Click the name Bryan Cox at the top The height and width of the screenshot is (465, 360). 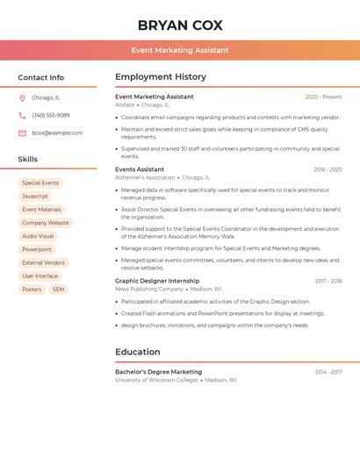point(180,25)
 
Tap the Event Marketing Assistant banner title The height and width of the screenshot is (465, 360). point(180,50)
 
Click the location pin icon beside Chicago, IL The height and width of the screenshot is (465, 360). point(22,97)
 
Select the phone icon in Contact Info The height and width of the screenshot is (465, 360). point(22,115)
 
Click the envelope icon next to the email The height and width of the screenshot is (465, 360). point(22,132)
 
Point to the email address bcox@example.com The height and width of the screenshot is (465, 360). point(57,132)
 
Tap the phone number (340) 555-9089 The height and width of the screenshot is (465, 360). point(51,115)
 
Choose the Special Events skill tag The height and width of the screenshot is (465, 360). point(40,182)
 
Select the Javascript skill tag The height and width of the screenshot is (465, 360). point(35,196)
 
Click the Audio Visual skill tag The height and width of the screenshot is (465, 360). point(38,236)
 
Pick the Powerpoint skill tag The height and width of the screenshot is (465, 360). point(37,249)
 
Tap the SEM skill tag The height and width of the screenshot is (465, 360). point(58,289)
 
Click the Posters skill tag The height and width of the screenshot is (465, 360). point(32,289)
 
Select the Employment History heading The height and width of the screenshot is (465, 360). point(161,76)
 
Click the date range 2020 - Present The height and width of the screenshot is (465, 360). point(323,97)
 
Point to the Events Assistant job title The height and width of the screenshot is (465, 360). point(140,169)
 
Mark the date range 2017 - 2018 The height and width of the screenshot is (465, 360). point(328,281)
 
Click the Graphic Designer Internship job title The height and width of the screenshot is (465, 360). point(157,281)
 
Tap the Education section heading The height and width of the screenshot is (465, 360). point(137,352)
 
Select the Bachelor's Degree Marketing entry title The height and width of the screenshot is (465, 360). point(158,372)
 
